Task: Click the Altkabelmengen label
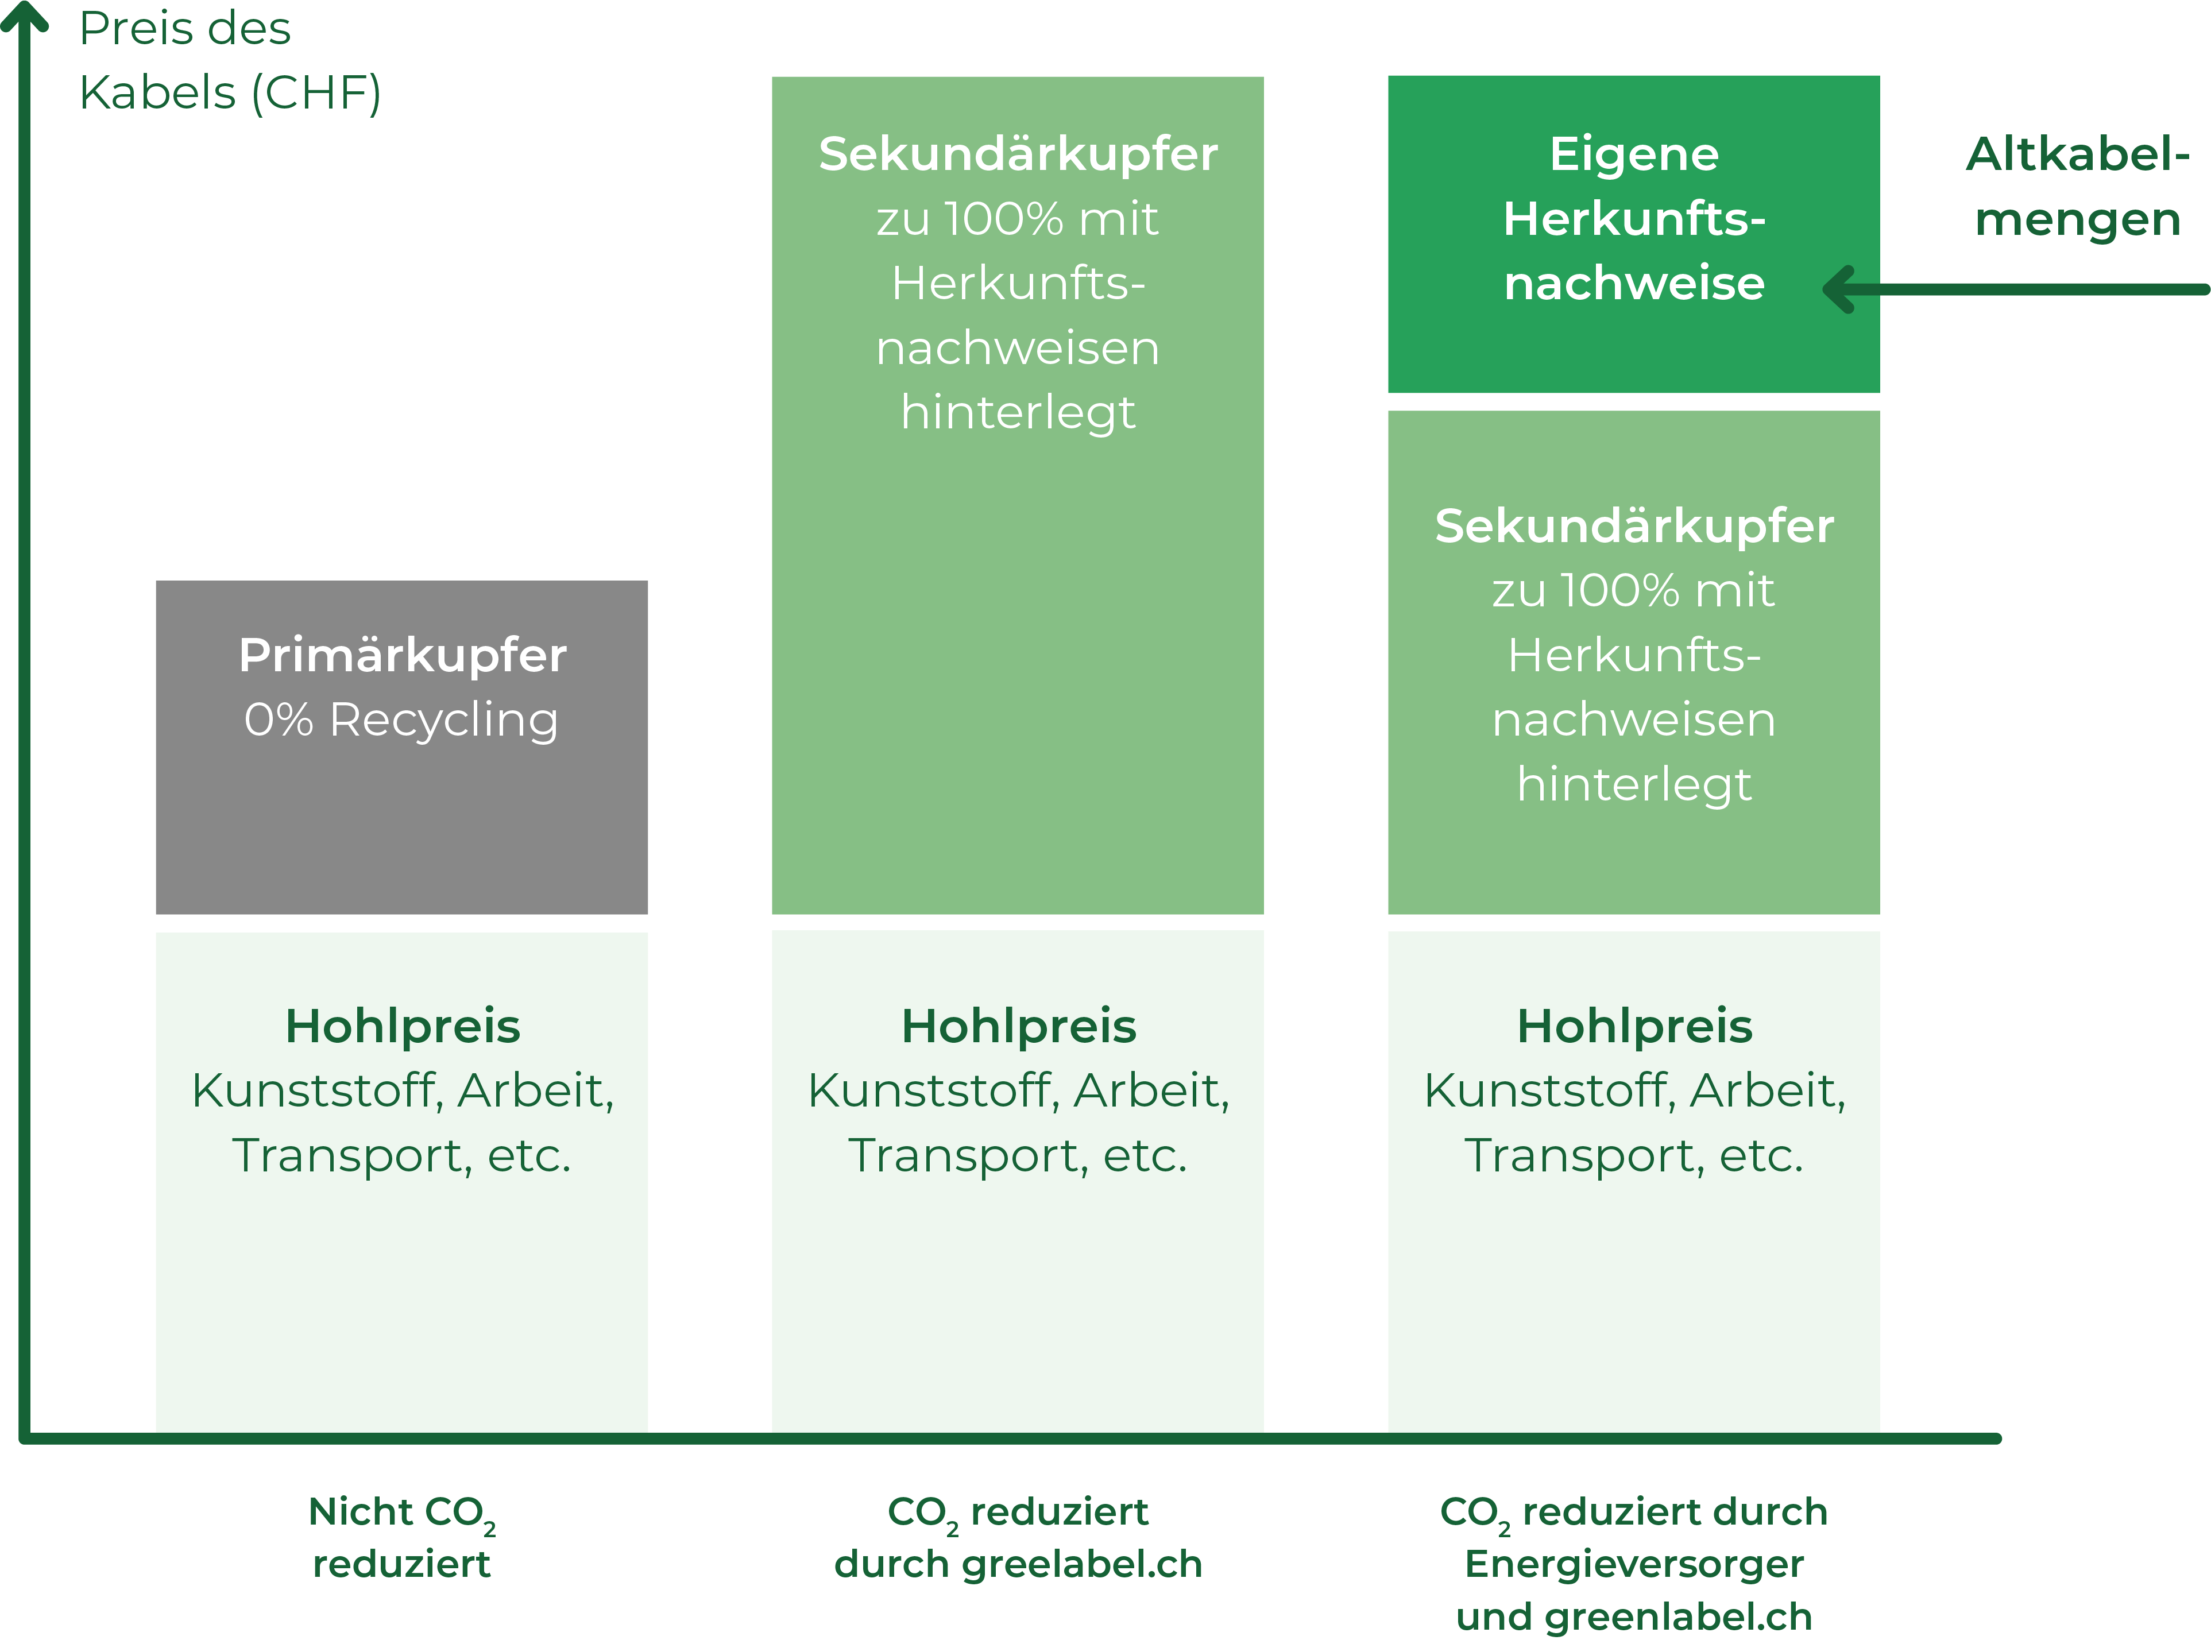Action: pyautogui.click(x=2078, y=187)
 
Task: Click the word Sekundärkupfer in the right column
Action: pyautogui.click(x=1634, y=526)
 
